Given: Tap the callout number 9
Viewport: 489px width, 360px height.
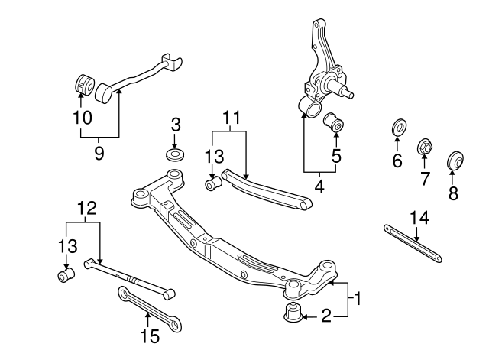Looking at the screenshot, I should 99,153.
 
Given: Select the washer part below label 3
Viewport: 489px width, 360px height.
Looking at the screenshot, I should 175,156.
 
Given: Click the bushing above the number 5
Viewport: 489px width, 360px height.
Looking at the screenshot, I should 335,122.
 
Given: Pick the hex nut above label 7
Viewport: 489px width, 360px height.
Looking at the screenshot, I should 425,145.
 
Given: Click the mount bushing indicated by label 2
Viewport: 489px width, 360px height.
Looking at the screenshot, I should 292,313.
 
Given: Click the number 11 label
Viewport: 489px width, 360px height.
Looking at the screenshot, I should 232,118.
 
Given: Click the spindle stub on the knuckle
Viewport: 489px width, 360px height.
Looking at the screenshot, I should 348,95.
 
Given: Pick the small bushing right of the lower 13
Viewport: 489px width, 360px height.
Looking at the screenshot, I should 66,273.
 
